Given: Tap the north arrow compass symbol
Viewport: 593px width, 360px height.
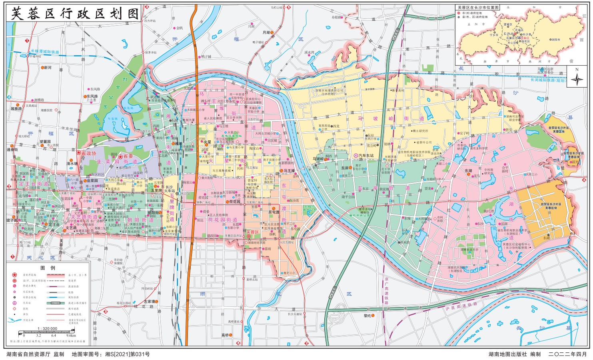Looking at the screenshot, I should tap(577, 79).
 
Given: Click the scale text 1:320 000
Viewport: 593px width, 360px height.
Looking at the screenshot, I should tap(47, 328).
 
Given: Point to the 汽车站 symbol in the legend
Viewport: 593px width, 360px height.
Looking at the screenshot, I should tap(14, 303).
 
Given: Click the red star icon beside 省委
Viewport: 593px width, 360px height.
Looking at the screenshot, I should tap(120, 157).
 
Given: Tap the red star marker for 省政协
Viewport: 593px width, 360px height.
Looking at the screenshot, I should tap(79, 153).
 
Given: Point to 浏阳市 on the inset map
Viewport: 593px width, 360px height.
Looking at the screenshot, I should tap(555, 40).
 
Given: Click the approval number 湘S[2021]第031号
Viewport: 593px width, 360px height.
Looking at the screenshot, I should tap(127, 354).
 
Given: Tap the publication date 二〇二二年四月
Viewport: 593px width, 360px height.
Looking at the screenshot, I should tap(567, 354).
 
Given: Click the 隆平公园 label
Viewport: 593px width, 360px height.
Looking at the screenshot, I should tap(348, 197).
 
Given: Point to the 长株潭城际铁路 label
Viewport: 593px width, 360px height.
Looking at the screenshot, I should tap(45, 52).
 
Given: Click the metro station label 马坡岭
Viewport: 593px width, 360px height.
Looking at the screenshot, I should tap(317, 159).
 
